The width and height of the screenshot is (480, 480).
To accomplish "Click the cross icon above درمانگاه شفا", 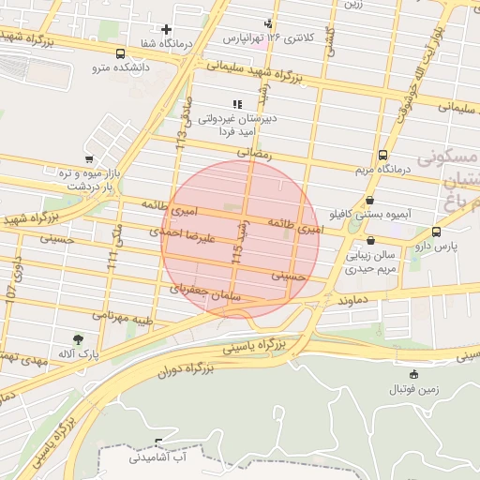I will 167,30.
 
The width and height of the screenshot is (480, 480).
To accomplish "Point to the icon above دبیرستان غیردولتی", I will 237,104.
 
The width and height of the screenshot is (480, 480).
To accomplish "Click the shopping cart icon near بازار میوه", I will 88,159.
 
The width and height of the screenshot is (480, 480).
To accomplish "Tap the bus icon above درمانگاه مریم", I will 382,156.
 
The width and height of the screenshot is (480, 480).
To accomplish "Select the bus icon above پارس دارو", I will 436,232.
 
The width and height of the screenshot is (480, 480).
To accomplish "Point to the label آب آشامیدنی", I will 160,457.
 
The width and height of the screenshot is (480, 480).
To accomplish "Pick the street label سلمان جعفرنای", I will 205,292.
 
